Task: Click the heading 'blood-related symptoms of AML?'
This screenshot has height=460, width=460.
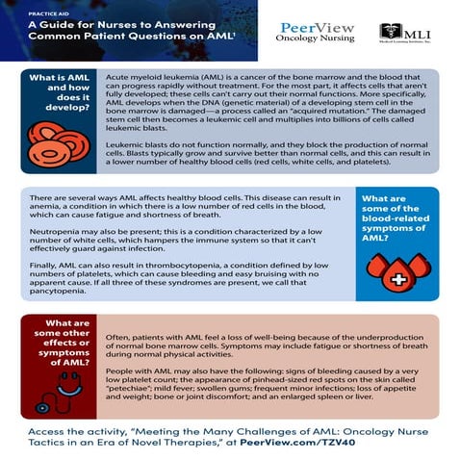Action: pyautogui.click(x=391, y=230)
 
